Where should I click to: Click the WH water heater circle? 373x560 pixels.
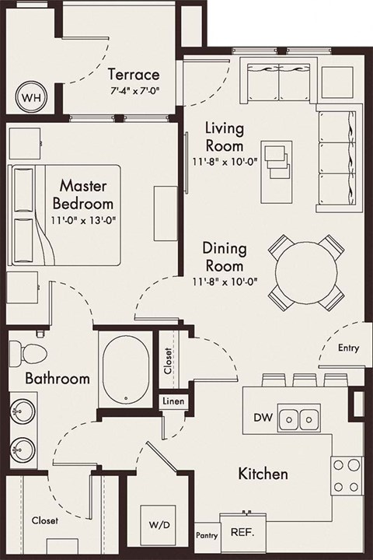point(30,98)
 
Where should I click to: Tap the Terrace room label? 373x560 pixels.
point(134,75)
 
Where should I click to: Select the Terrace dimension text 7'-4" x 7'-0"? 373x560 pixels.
point(134,89)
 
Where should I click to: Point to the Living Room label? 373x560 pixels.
point(224,135)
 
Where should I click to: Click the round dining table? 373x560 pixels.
point(306,271)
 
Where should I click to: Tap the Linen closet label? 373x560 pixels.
point(173,402)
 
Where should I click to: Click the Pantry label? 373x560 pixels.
point(206,536)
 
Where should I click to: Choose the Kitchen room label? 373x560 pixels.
point(263,473)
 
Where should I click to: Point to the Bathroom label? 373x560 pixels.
point(56,379)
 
